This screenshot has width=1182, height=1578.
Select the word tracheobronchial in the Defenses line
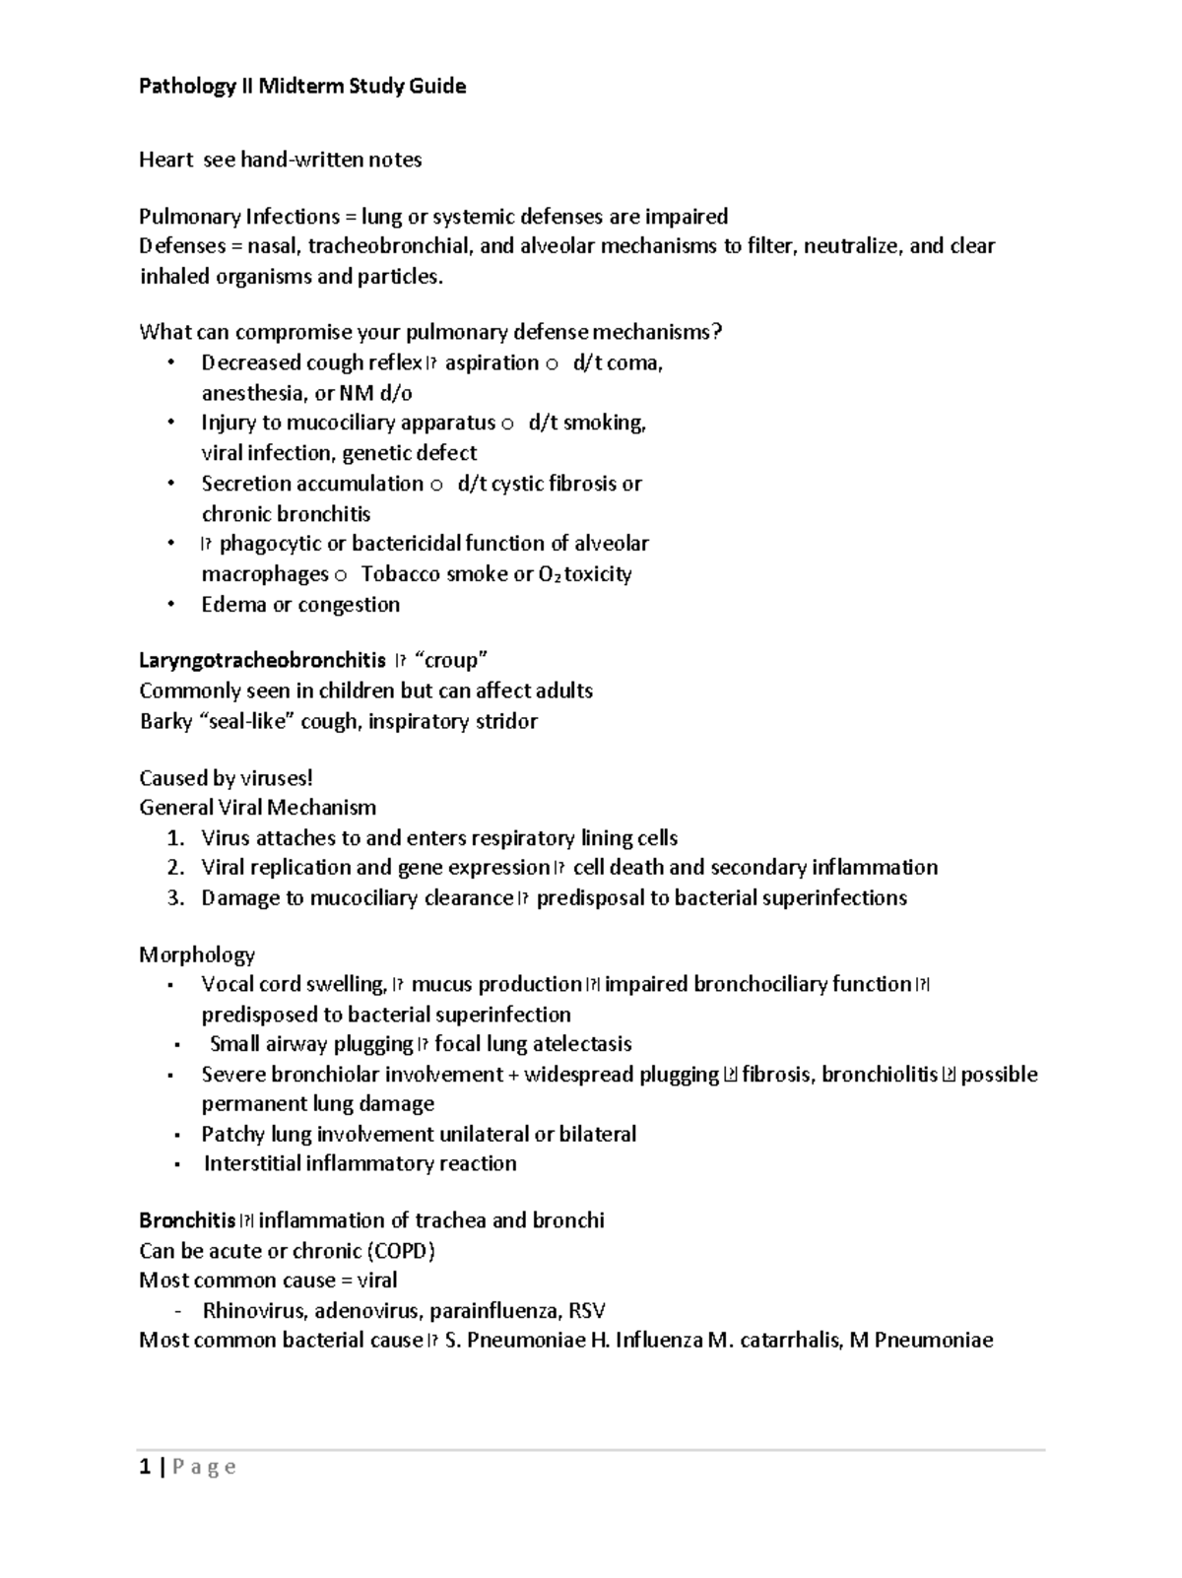pyautogui.click(x=389, y=245)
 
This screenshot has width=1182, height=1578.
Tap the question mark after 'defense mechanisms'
pyautogui.click(x=717, y=332)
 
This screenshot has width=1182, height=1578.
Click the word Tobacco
pyautogui.click(x=399, y=574)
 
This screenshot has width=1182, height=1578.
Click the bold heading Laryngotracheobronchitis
pyautogui.click(x=262, y=661)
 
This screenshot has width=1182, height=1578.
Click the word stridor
pyautogui.click(x=505, y=722)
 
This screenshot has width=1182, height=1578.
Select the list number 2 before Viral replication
pyautogui.click(x=175, y=868)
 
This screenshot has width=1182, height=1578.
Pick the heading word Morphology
pyautogui.click(x=197, y=954)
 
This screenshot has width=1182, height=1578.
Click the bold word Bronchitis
pyautogui.click(x=187, y=1220)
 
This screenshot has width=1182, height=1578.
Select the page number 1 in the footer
pyautogui.click(x=146, y=1468)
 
